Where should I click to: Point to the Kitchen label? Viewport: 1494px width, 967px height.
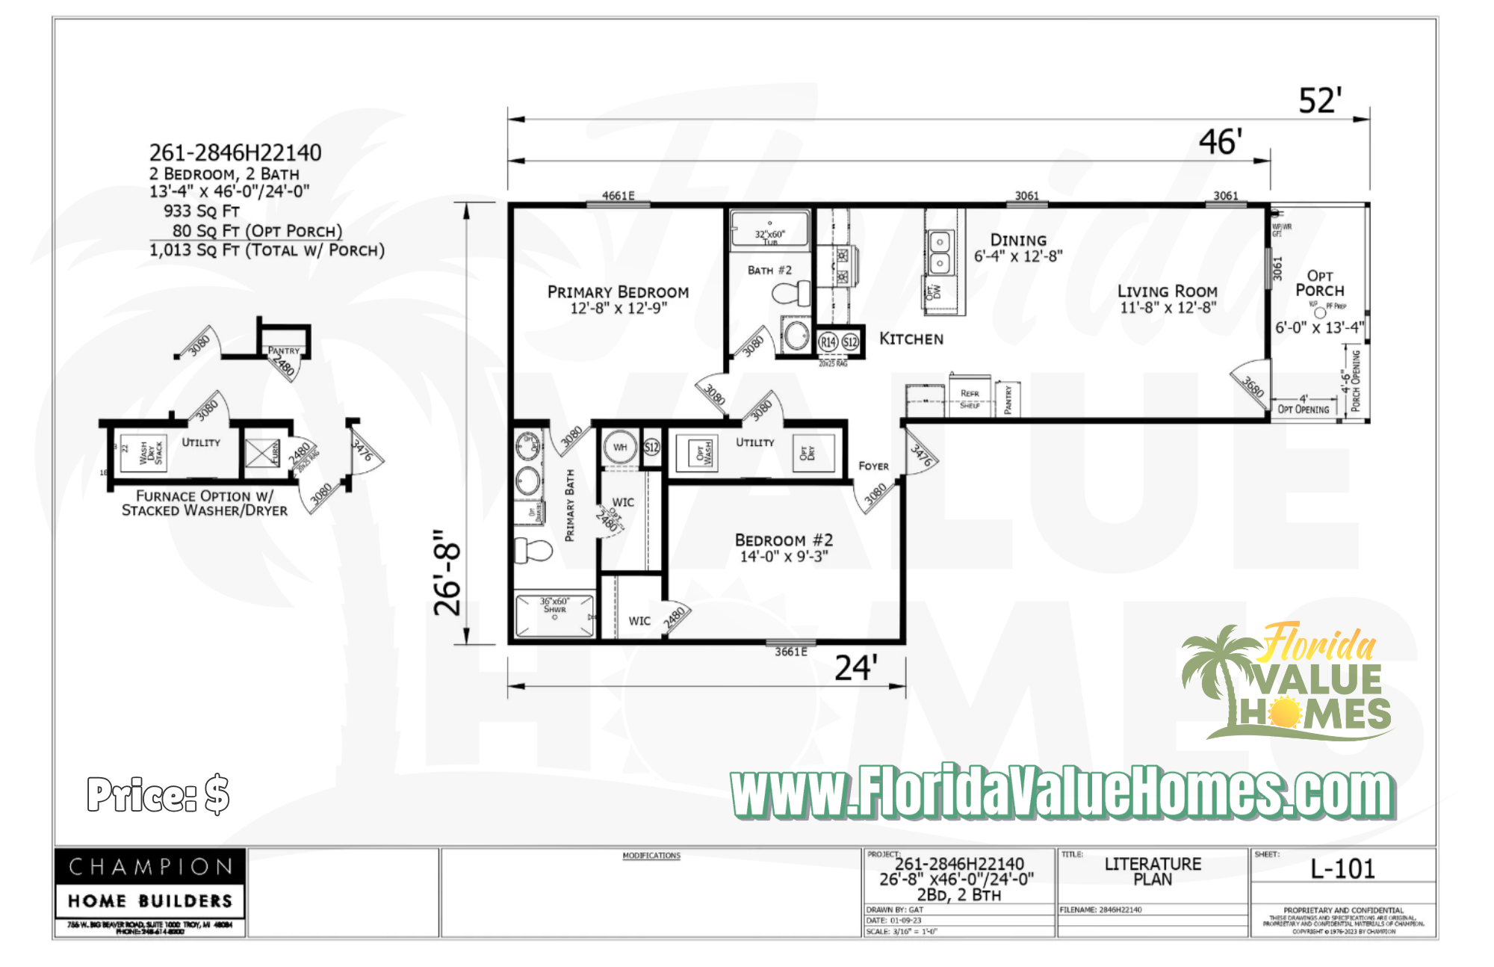(911, 339)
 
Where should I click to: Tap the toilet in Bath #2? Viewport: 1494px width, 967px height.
(792, 292)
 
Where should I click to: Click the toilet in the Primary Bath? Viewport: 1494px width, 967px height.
(533, 551)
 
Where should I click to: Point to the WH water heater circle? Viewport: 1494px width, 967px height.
(620, 448)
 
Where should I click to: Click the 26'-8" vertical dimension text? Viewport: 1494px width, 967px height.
(448, 573)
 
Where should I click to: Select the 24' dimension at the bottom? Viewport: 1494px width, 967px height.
(856, 668)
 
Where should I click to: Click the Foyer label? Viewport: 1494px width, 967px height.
(873, 466)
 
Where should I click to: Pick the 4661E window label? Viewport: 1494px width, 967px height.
(618, 196)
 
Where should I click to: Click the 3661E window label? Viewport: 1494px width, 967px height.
(790, 652)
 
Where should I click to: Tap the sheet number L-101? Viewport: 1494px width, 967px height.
(1342, 869)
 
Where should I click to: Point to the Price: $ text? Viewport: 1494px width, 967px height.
(158, 794)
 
